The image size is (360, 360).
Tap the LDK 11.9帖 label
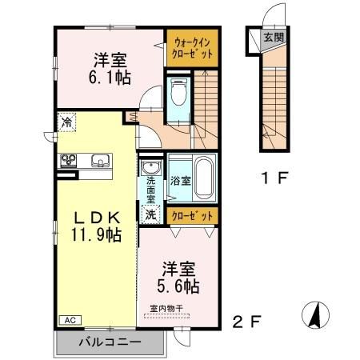point(97,226)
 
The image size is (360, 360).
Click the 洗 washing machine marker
point(150,214)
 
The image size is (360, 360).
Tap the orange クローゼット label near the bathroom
point(193,216)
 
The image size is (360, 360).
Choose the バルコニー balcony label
point(110,342)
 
